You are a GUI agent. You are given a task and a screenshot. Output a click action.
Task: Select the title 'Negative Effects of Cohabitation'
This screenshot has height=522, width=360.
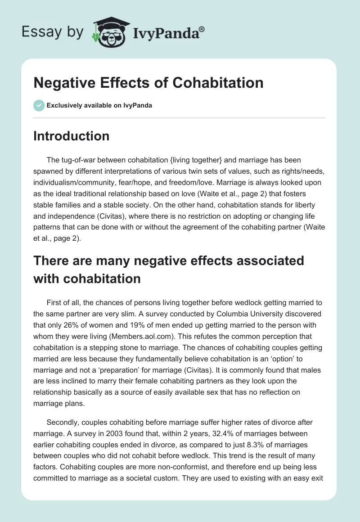(x=148, y=83)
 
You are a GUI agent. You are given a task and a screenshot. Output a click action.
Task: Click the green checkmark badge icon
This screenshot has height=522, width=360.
(x=39, y=105)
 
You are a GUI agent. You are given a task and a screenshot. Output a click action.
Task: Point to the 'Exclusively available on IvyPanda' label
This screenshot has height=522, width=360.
(x=99, y=106)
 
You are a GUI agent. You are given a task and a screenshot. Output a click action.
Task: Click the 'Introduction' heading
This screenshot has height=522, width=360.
(x=72, y=136)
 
